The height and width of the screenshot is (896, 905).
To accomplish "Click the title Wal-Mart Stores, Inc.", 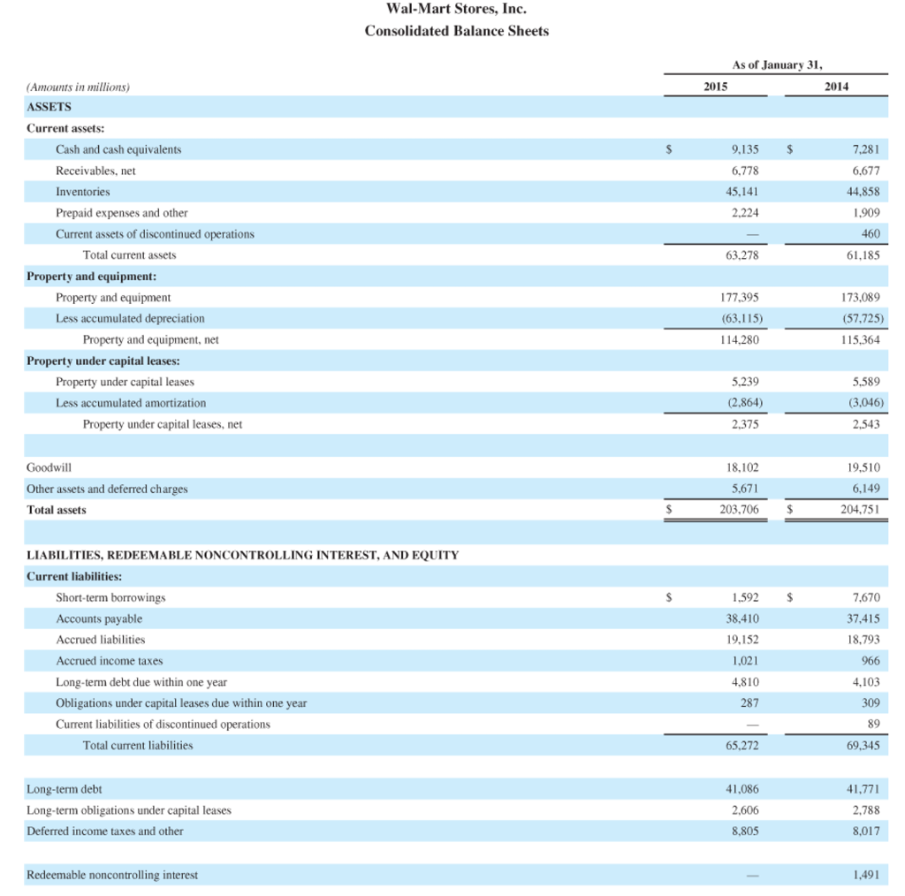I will [456, 10].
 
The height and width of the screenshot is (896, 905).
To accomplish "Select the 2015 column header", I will [716, 87].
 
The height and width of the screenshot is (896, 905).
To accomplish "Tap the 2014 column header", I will [836, 87].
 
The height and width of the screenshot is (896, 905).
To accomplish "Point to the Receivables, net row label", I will [95, 171].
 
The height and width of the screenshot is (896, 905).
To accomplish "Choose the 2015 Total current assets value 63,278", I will [742, 255].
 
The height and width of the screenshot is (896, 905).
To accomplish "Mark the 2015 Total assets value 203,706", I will [740, 510].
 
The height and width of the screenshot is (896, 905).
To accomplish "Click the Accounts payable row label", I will [99, 619].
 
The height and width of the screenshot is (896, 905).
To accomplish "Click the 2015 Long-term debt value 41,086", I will [742, 788].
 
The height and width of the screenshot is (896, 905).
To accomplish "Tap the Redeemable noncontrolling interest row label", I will [112, 875].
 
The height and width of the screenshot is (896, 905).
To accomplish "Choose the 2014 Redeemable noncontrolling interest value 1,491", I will [866, 875].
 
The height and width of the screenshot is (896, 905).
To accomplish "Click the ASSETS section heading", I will [49, 107].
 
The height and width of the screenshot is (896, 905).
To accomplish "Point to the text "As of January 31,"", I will [776, 65].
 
